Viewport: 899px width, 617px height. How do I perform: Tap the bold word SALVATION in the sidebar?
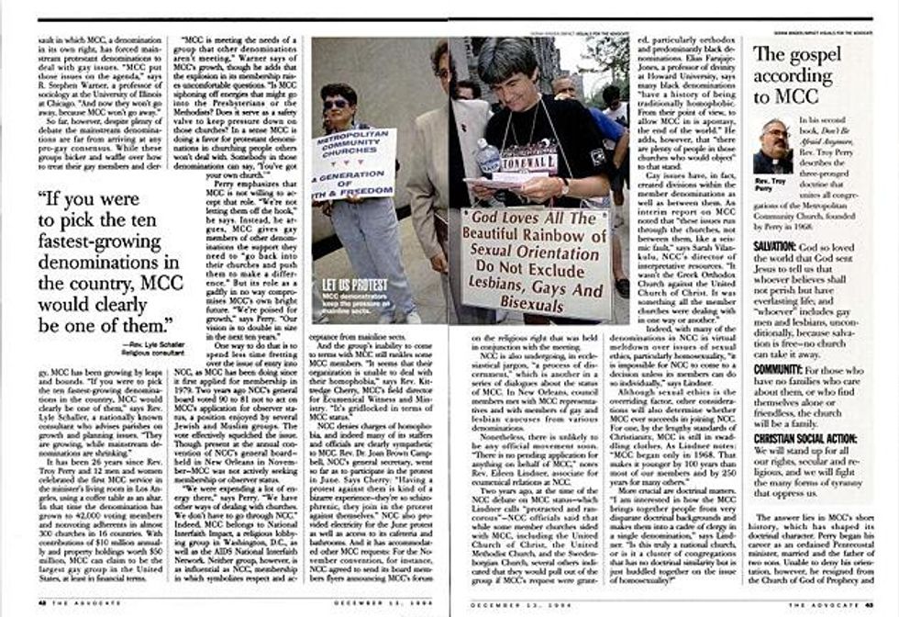tap(780, 248)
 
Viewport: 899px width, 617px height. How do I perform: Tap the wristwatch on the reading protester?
tap(564, 187)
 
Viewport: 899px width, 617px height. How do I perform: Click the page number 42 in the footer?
tap(43, 601)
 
